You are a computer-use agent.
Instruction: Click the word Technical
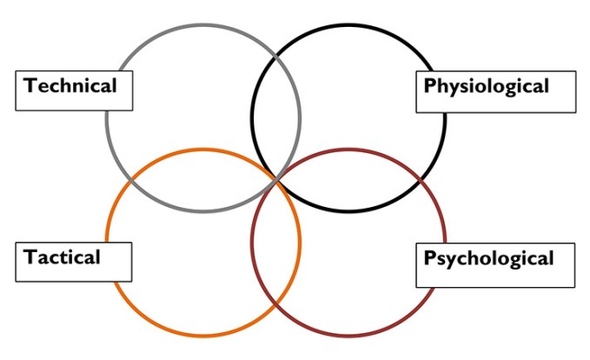coord(70,86)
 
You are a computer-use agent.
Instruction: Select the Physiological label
coord(487,86)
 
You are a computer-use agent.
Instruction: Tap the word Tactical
coord(63,257)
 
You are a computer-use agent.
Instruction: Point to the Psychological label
coord(488,258)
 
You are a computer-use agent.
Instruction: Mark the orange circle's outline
coord(203,336)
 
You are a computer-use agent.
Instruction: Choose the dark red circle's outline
coord(348,336)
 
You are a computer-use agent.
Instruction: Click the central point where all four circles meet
coord(276,179)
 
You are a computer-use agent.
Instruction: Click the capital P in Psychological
coord(429,258)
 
